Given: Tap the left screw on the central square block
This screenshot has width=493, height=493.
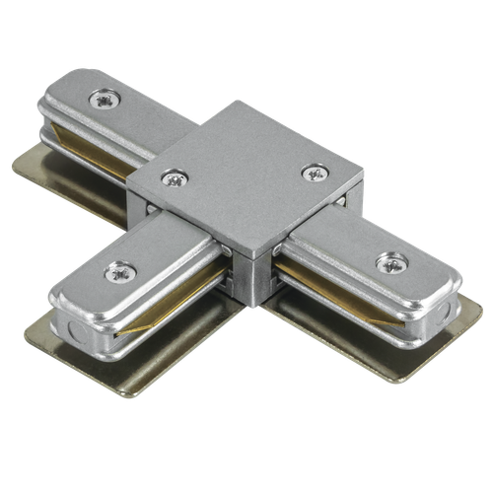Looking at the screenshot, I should pyautogui.click(x=176, y=178).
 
